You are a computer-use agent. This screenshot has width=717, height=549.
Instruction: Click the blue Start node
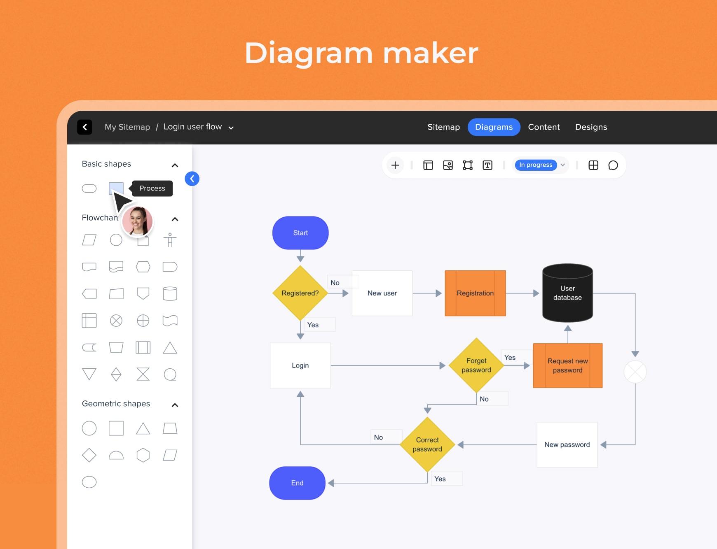pos(300,233)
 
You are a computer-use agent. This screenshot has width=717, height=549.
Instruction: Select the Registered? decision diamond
pos(300,293)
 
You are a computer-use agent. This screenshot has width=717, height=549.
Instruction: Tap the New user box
pos(382,293)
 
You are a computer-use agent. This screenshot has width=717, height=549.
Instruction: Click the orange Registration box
pos(475,293)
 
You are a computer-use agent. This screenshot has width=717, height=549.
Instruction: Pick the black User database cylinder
pos(567,293)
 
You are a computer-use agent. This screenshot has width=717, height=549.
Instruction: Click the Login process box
pos(300,365)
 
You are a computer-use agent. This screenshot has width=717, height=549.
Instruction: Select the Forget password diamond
pos(476,365)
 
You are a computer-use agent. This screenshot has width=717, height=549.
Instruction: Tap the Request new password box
pos(567,365)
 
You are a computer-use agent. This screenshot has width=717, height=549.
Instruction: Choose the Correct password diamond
pos(427,444)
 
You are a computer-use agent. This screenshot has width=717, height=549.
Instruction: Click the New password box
pos(567,444)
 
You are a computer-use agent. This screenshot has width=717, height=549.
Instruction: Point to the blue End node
pos(297,483)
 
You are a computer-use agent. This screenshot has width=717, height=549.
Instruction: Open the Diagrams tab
pos(494,127)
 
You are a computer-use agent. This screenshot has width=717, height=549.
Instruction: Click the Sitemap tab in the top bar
pos(443,127)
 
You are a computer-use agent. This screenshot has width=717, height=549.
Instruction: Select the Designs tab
pos(591,127)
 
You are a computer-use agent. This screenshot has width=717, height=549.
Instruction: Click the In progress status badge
pos(536,165)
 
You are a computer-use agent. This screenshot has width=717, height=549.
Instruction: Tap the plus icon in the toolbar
pos(395,165)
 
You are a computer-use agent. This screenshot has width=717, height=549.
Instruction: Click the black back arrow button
pos(84,127)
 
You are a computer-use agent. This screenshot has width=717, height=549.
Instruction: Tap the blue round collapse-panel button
pos(192,179)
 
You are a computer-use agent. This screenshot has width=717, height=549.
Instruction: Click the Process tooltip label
pos(152,188)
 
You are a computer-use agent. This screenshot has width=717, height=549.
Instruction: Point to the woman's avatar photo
pos(138,221)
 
